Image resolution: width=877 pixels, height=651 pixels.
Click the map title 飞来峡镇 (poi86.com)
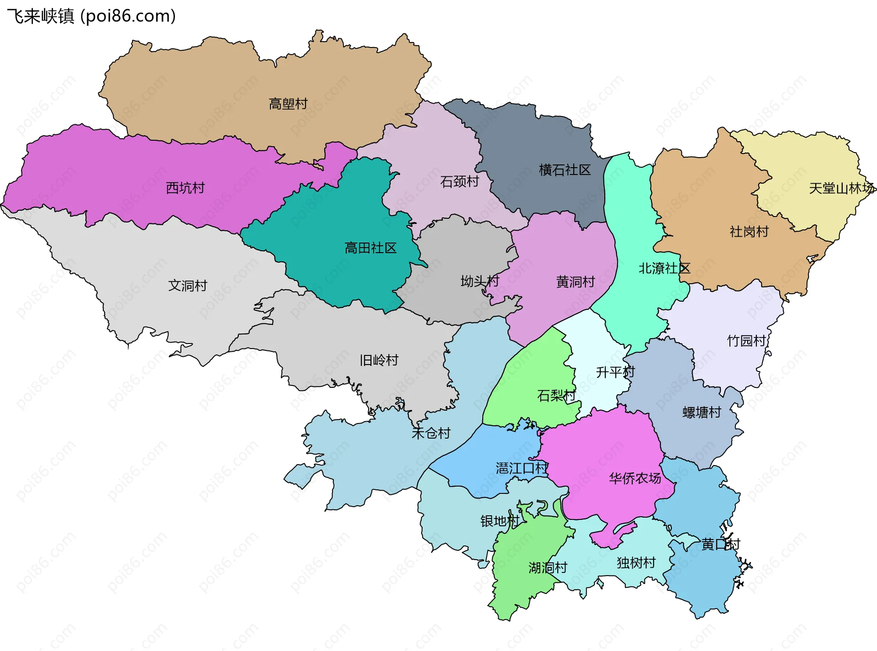tap(91, 16)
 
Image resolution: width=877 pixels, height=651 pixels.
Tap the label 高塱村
tap(288, 104)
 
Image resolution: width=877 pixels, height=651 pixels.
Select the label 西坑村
tap(185, 188)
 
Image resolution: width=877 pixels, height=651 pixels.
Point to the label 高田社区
tap(370, 248)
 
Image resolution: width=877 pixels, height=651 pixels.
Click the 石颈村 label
tap(460, 182)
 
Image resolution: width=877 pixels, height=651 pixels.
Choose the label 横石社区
tap(565, 170)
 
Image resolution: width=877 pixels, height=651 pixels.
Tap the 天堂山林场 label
tap(841, 188)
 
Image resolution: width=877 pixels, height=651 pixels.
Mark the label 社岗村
tap(749, 232)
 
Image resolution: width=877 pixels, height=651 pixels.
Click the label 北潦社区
tap(664, 268)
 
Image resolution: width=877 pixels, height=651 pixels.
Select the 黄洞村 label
tap(576, 282)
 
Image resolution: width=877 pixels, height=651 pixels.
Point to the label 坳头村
tap(480, 281)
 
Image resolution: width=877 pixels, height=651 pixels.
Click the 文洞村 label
tap(188, 286)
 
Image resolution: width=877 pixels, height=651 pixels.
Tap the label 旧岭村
tap(379, 360)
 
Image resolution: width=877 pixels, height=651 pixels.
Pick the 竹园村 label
tap(746, 341)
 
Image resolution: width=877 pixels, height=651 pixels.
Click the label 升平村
tap(615, 372)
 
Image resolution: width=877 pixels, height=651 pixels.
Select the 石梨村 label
tap(556, 395)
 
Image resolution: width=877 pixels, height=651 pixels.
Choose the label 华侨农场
tap(635, 478)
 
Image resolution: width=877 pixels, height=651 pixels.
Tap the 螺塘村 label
tap(702, 413)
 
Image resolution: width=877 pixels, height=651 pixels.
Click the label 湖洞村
tap(548, 568)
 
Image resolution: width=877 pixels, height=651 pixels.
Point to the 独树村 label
tap(636, 562)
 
